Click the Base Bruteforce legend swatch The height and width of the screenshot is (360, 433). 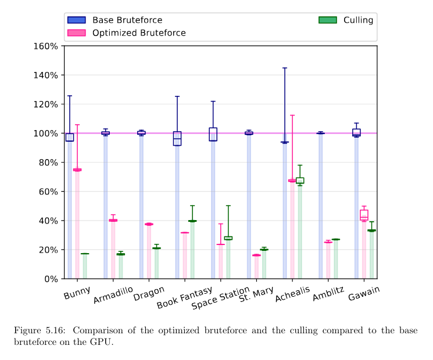[x=76, y=20]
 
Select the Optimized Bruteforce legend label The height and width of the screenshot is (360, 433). [x=139, y=33]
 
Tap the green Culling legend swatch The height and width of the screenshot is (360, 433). [x=327, y=20]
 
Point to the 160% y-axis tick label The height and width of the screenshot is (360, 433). [x=45, y=46]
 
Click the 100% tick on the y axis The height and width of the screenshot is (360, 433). [x=45, y=134]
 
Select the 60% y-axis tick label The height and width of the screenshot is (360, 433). [x=47, y=192]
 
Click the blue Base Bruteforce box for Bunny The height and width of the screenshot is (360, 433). [x=70, y=137]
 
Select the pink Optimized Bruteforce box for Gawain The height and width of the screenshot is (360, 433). [x=364, y=215]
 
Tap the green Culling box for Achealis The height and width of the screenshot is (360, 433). [x=300, y=181]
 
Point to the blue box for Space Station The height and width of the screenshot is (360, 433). [x=213, y=134]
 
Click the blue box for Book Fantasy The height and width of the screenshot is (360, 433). [x=177, y=138]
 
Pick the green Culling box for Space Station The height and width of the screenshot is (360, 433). [x=228, y=238]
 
